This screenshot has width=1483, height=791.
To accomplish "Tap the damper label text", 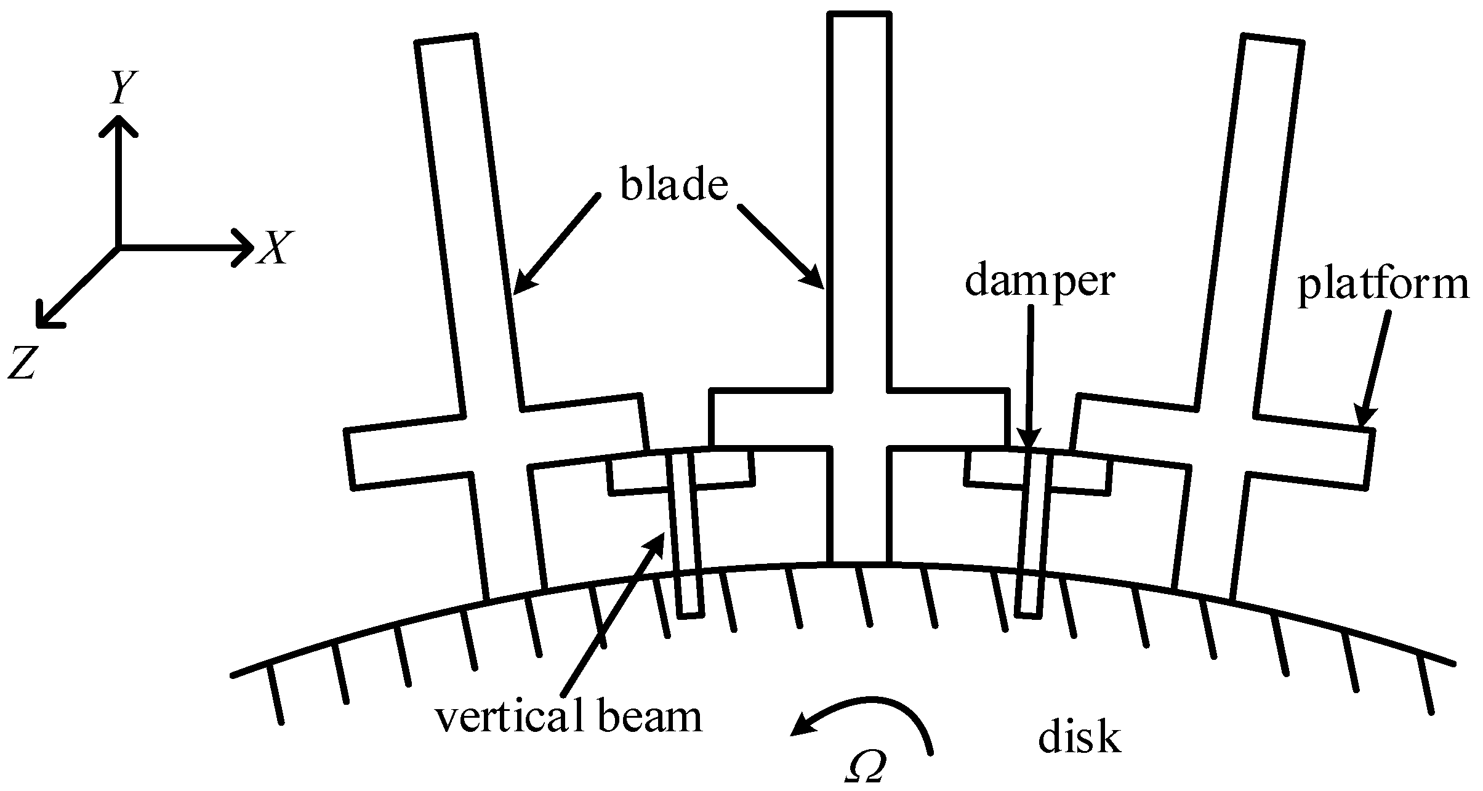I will click(1039, 282).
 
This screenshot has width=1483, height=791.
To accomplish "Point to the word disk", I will click(1079, 738).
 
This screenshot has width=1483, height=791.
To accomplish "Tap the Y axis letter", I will click(123, 87).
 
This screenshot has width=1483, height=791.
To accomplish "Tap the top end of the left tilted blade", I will click(446, 39).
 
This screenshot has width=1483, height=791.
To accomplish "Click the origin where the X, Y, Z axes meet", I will click(118, 247).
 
